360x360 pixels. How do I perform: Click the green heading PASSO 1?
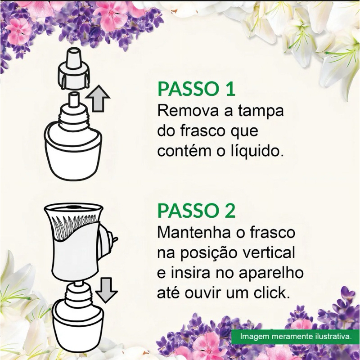tap(197, 89)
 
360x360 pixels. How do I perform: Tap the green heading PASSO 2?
tap(197, 211)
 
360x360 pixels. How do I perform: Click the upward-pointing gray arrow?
tap(98, 98)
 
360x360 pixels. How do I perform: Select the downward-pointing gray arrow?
tap(106, 290)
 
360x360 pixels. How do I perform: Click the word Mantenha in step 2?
tap(194, 232)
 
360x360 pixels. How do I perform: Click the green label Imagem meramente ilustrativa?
tap(296, 337)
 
